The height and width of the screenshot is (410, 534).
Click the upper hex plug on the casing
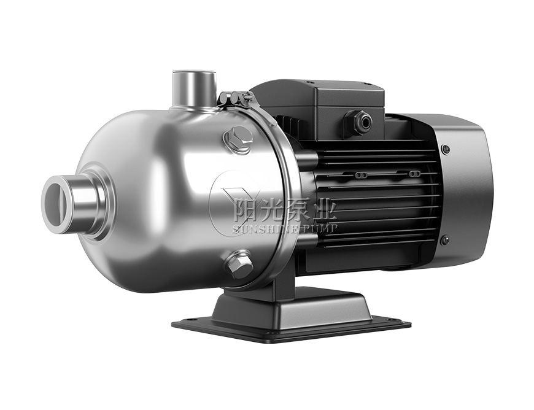(239, 140)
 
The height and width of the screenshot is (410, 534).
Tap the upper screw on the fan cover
(445, 149)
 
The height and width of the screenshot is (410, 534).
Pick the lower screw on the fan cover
(444, 240)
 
